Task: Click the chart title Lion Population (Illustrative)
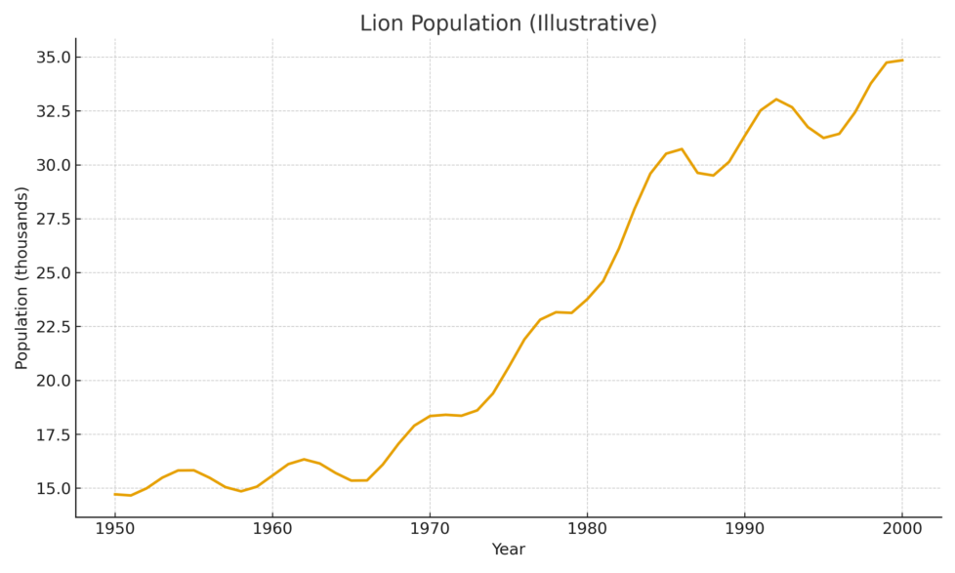(x=508, y=23)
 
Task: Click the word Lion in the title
(x=379, y=23)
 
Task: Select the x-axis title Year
(x=508, y=550)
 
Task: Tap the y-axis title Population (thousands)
(x=21, y=277)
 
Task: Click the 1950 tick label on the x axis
(x=115, y=529)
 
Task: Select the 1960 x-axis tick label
(x=272, y=529)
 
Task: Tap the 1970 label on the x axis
(x=430, y=529)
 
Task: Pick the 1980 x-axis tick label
(x=587, y=529)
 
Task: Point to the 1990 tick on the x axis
(x=744, y=529)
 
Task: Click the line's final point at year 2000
(x=901, y=61)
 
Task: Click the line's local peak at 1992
(x=776, y=99)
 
